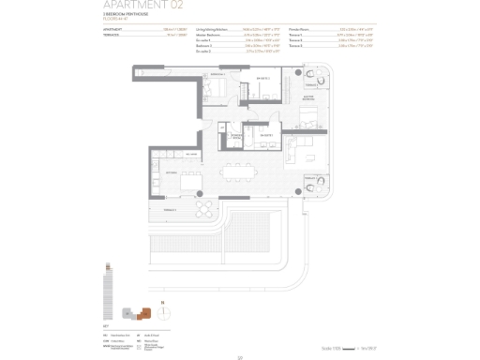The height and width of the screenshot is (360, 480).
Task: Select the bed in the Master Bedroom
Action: [307, 119]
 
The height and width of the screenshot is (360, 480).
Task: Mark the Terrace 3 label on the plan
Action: [309, 85]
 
